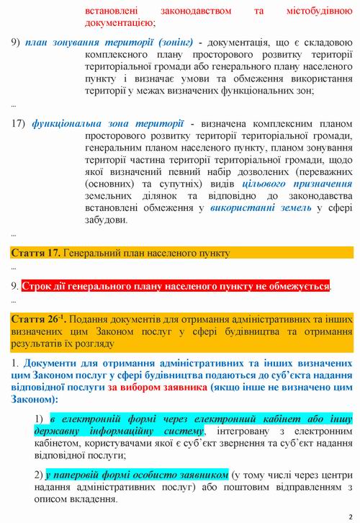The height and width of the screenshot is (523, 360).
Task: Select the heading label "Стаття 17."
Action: point(35,253)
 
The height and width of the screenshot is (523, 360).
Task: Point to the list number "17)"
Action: point(19,123)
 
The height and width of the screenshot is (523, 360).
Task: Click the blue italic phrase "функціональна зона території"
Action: point(107,123)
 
